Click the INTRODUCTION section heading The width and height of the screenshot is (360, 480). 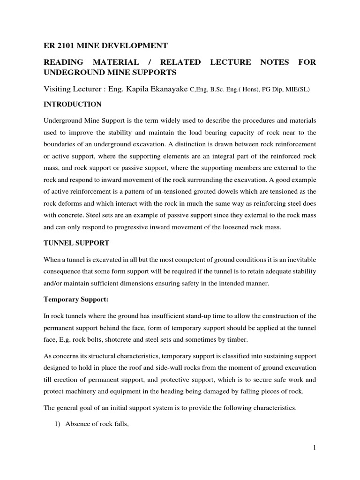pyautogui.click(x=72, y=104)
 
